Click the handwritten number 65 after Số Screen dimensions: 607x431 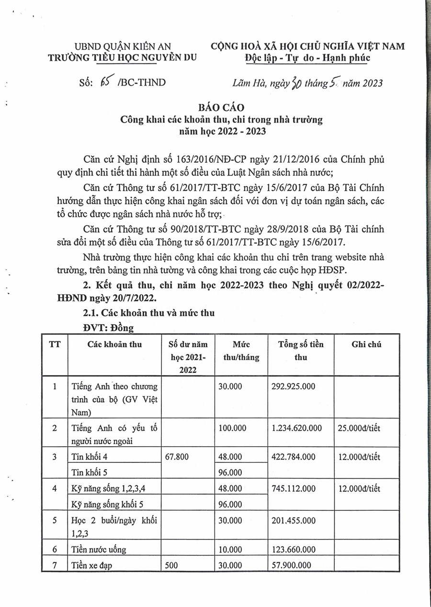click(104, 82)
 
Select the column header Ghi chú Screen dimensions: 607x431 click(366, 344)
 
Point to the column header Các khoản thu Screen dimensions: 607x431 click(114, 344)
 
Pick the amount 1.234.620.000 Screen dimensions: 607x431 click(296, 428)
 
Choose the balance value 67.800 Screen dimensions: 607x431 click(177, 457)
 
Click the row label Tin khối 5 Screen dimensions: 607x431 click(89, 472)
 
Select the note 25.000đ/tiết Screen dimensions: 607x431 click(359, 428)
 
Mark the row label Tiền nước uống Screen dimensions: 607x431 click(99, 550)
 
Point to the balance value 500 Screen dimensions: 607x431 click(171, 565)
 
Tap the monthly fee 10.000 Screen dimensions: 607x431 click(230, 550)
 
